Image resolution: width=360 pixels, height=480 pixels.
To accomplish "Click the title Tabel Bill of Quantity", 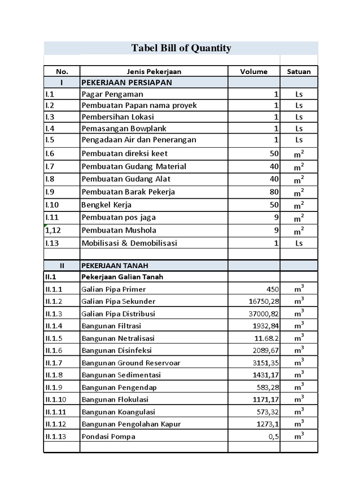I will point(181,48).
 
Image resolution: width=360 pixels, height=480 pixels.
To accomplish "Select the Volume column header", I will point(254,72).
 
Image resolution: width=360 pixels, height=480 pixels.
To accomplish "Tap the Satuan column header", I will point(299,72).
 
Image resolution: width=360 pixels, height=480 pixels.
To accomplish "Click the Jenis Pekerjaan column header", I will point(154,72).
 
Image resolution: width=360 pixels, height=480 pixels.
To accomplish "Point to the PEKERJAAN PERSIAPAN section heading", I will point(127,82).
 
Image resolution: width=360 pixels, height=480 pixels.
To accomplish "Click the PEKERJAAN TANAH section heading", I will point(109,265).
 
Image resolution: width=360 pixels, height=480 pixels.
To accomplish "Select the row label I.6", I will point(50,153).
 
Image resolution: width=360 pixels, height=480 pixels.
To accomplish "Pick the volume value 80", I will point(274,192).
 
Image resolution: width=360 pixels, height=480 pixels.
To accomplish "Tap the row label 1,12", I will point(53,230).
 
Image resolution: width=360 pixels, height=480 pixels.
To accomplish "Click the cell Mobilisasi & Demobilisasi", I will point(129,243).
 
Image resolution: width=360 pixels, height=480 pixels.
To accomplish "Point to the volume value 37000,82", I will point(263,314).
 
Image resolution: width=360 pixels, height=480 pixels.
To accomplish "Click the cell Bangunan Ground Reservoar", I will point(131,363).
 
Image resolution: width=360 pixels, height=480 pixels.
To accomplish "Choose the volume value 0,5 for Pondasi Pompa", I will point(273,436).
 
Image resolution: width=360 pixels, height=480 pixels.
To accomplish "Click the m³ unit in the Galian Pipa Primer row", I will point(299,288).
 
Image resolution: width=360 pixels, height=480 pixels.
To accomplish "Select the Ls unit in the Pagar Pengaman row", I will point(299,94).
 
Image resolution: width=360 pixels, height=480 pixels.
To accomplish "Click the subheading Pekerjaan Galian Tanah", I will point(122,277).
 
